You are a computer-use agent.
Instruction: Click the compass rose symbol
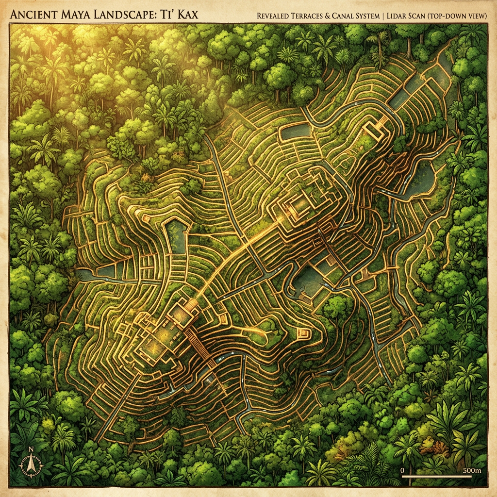coord(31,467)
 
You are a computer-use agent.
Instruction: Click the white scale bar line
coord(437,477)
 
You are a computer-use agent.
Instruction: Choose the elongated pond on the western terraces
coord(176,235)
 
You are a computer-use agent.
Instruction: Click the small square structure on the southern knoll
coord(304,334)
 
